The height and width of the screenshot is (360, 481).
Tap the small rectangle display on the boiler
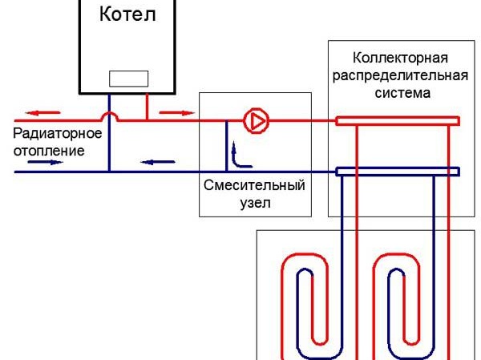pos(128,79)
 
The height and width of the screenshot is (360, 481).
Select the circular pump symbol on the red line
pos(257,121)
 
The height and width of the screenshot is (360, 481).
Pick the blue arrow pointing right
pos(45,160)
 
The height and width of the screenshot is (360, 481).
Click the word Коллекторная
pos(399,59)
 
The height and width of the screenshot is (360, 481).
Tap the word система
pos(399,92)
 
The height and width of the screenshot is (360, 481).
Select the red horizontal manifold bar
pos(397,121)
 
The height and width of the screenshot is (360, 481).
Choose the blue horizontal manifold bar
pos(397,171)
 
